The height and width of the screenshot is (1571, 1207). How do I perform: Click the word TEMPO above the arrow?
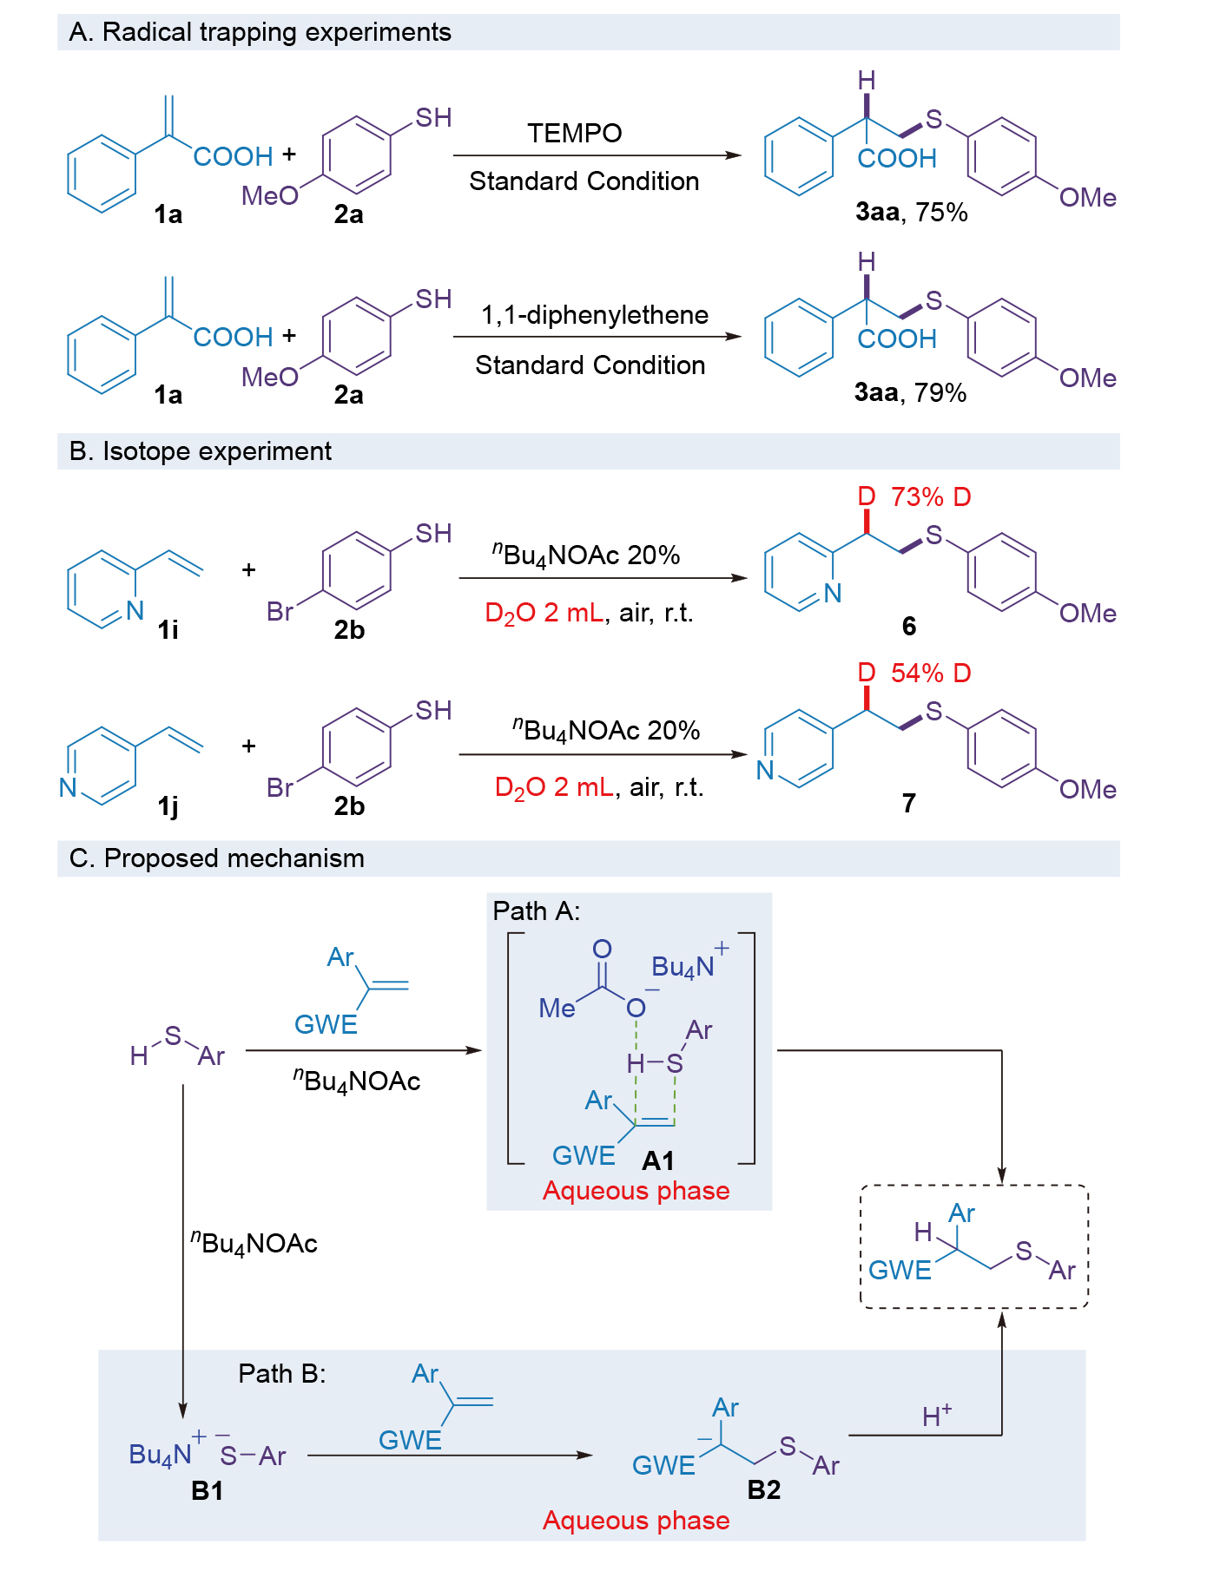[x=574, y=133]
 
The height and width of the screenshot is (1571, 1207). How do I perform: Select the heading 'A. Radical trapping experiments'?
[x=260, y=32]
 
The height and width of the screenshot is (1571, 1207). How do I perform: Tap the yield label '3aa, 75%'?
[x=911, y=212]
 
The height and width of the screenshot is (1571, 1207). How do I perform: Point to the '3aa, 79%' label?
[x=910, y=392]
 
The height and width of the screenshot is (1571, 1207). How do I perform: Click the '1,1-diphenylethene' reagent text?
[x=595, y=314]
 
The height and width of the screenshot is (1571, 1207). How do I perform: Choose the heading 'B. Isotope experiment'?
[x=200, y=451]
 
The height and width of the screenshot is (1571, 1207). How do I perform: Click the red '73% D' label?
[x=931, y=497]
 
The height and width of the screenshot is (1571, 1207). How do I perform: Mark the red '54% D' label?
[x=931, y=673]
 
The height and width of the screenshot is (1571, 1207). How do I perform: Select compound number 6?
[x=909, y=626]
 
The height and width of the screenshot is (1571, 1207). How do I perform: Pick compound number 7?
[x=909, y=803]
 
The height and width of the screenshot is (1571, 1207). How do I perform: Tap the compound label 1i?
[x=168, y=629]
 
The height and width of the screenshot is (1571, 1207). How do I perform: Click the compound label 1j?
[x=168, y=806]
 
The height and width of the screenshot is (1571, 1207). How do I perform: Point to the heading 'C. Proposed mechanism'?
[x=216, y=858]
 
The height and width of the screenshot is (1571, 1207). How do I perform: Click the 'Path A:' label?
[x=536, y=910]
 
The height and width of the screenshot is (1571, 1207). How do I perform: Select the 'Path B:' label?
[x=281, y=1373]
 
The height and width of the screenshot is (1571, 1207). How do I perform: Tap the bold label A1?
[x=657, y=1160]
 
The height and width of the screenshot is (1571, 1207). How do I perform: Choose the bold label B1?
[x=208, y=1490]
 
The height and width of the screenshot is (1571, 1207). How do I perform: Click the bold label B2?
[x=763, y=1489]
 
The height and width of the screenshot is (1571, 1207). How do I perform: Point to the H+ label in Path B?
[x=936, y=1417]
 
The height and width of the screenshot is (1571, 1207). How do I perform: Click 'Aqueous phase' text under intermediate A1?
[x=636, y=1191]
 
